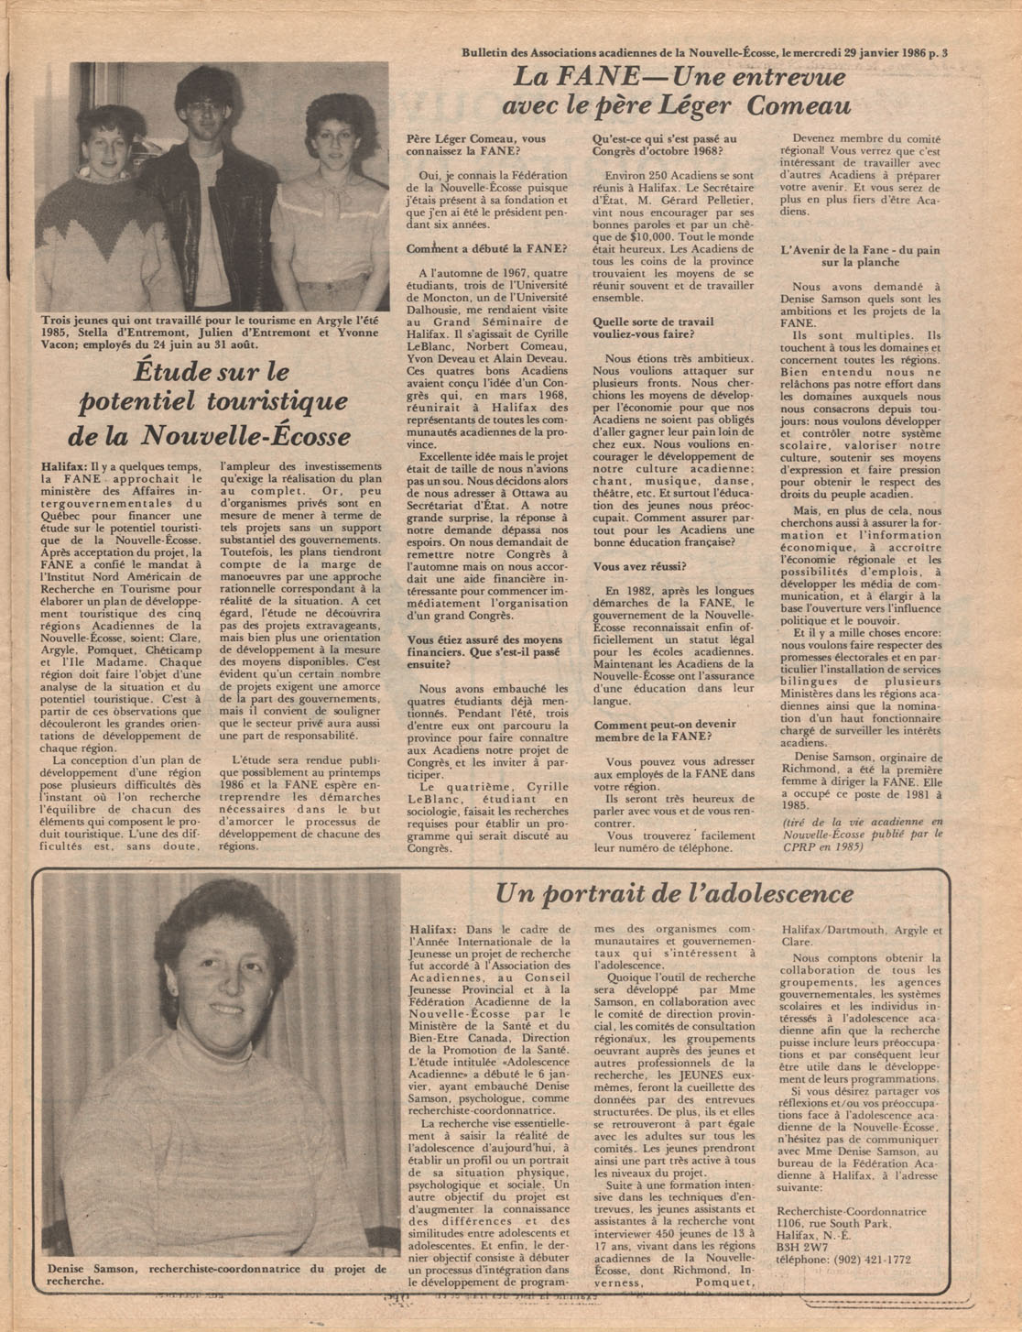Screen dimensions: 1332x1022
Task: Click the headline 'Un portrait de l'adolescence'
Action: (674, 894)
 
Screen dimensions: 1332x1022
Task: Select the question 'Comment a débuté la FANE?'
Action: (486, 248)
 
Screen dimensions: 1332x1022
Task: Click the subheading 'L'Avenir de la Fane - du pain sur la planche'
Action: (861, 256)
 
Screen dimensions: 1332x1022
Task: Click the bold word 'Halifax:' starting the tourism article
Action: (63, 466)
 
